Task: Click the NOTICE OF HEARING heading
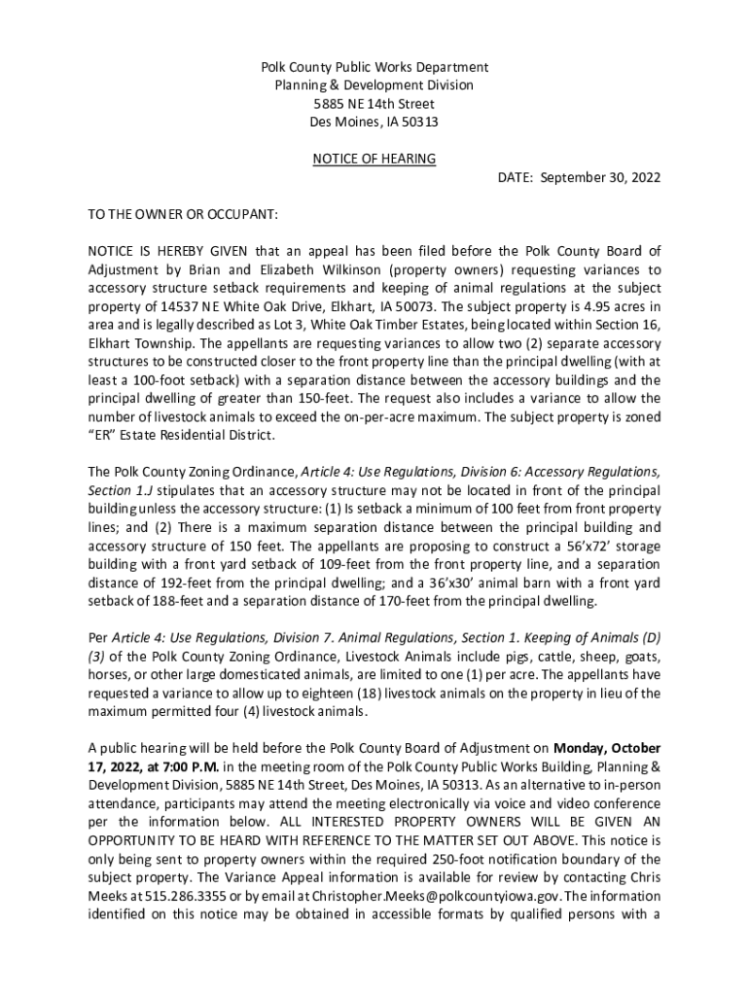374,159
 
